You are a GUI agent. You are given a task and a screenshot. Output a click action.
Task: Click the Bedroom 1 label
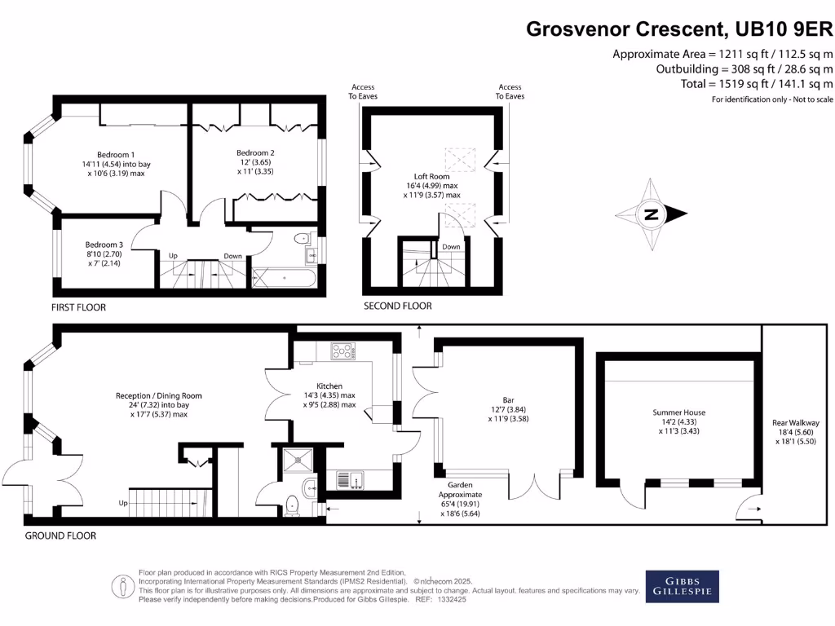coord(116,155)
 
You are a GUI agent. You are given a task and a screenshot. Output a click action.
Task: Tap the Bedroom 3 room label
coord(104,245)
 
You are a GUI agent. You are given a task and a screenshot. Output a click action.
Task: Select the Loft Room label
coord(432,176)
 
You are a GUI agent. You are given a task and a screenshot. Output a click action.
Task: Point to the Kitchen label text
coord(329,386)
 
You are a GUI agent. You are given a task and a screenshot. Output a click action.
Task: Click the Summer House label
coord(679,412)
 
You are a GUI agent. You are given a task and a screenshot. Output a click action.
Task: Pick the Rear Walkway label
coord(796,423)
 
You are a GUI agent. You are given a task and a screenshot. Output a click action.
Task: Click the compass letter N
coord(651,214)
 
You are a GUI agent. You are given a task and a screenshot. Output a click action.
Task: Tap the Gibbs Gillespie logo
coord(683,587)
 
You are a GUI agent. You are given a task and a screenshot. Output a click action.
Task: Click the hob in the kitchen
coord(343,351)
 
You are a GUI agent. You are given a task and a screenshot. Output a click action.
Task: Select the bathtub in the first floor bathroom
coord(284,278)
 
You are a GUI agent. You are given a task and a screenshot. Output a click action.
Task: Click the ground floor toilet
coord(293,505)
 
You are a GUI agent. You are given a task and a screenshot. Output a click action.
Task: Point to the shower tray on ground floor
coord(298,461)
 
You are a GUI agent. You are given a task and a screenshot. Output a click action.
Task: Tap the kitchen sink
coord(351,479)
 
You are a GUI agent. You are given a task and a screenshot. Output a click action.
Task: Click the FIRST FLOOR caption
coord(78,307)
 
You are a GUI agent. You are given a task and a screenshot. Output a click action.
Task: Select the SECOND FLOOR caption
coord(398,306)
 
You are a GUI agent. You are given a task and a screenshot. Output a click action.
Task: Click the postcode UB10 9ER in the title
coord(784,29)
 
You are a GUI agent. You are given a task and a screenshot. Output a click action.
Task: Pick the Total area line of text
coord(756,84)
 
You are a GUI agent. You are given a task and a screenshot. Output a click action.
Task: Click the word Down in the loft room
coord(451,247)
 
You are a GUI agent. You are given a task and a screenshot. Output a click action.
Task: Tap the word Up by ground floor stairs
coord(123,503)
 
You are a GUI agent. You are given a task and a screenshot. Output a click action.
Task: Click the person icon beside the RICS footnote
coord(123,587)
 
